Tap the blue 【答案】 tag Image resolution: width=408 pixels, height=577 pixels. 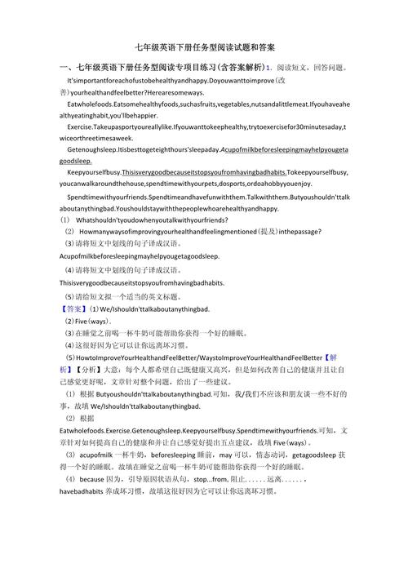click(x=74, y=309)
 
